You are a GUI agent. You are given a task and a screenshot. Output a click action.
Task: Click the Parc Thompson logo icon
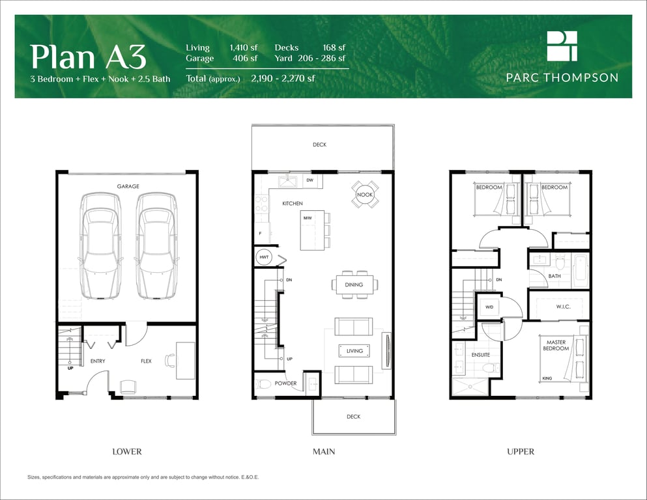click(562, 46)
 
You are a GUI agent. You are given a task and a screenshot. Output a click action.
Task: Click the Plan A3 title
click(89, 57)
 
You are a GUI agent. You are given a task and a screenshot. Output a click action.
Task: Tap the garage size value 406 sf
click(245, 58)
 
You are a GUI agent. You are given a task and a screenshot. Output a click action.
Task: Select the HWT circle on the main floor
click(264, 257)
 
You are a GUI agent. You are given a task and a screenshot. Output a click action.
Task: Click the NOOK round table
click(365, 195)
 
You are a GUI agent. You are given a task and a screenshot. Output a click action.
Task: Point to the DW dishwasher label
click(310, 180)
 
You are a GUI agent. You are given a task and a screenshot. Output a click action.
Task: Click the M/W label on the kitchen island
click(308, 218)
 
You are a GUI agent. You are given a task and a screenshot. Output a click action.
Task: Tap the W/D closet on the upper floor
click(489, 307)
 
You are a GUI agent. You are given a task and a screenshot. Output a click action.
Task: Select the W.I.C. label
click(563, 306)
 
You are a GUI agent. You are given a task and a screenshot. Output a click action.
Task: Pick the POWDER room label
click(285, 383)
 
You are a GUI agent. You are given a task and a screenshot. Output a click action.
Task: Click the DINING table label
click(354, 285)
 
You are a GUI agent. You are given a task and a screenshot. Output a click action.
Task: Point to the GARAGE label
click(128, 186)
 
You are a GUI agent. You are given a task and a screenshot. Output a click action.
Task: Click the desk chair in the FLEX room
click(170, 360)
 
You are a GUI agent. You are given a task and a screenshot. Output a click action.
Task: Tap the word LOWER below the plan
click(127, 452)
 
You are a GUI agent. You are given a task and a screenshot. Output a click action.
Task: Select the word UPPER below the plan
click(521, 452)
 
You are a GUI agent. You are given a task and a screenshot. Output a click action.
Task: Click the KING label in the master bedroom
click(547, 378)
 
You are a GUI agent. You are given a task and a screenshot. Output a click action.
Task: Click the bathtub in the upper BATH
click(580, 271)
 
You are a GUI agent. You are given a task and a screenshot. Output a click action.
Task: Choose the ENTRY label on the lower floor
click(98, 361)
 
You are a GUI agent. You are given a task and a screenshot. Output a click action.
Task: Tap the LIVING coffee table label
click(354, 351)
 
